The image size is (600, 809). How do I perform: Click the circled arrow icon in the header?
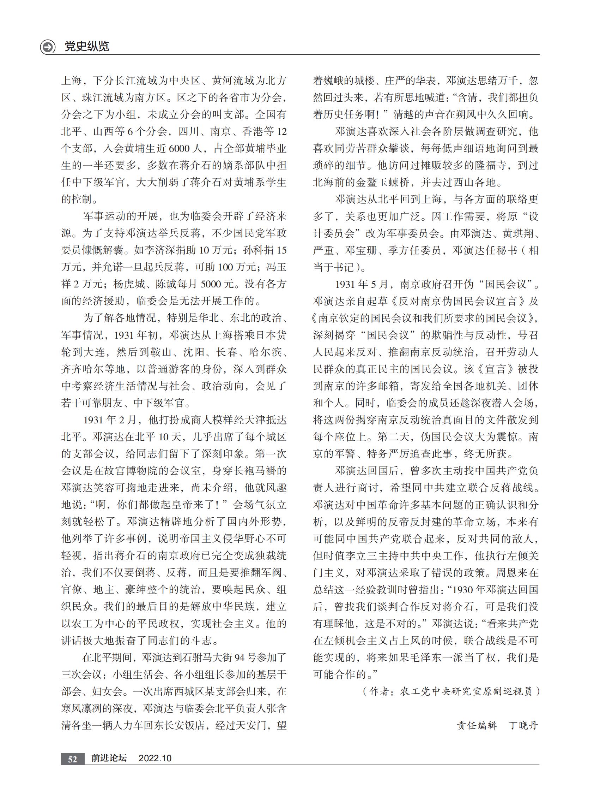48,47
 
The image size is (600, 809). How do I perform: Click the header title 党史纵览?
86,47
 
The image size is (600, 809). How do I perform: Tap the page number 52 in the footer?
73,759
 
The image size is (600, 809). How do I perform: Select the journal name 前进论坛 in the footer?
109,758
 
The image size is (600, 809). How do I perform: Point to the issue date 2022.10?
155,759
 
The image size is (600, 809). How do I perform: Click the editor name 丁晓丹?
523,725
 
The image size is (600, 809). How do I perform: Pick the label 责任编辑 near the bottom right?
477,725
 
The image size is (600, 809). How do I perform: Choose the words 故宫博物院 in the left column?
132,471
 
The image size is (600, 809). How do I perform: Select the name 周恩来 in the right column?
513,573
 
